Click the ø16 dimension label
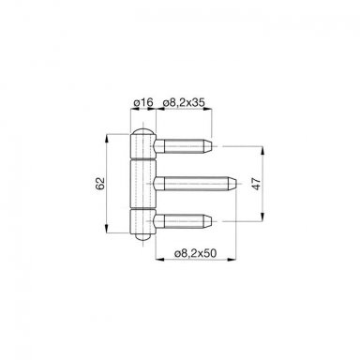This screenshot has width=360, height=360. pos(142,102)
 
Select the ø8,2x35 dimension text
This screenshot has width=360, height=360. pos(184,102)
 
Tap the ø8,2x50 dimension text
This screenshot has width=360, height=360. pos(195,253)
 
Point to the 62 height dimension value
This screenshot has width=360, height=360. pos(99,184)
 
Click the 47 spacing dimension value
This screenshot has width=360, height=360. pos(256,184)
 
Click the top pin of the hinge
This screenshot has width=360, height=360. pos(184,146)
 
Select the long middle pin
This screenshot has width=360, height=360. pos(195,184)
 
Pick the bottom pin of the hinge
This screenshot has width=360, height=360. pos(184,221)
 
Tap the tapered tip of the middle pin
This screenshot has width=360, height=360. pos(232,184)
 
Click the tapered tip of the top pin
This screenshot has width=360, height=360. pos(208,146)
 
